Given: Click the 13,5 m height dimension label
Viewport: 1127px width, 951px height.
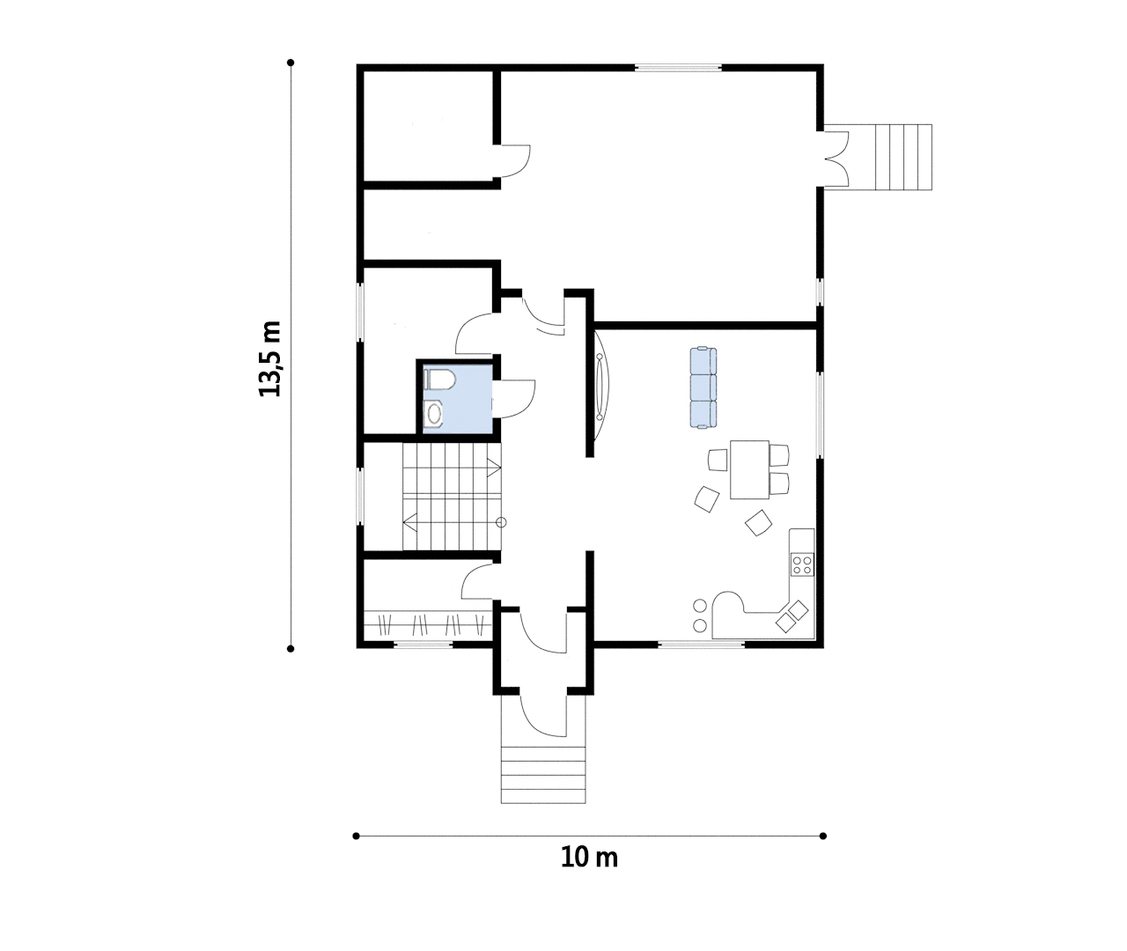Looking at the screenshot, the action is coord(270,359).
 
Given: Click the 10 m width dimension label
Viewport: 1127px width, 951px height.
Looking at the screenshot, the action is coord(589,857).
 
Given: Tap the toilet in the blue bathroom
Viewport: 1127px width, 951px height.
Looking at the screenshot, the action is coord(439,380).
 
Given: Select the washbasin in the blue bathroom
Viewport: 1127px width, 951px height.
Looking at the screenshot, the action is coord(433,415).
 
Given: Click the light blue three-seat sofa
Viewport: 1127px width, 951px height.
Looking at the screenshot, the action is coord(703,387).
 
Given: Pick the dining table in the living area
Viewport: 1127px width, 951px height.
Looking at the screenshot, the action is coord(749,469).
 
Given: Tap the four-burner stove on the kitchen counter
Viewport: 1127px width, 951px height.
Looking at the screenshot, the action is coord(802,565).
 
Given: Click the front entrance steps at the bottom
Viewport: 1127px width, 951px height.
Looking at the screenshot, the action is coord(543,775).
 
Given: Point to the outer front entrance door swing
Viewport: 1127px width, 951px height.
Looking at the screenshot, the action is coord(543,715).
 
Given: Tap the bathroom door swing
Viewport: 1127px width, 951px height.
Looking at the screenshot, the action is coord(514,399).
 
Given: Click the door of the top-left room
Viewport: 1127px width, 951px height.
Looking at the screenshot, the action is coord(515,161).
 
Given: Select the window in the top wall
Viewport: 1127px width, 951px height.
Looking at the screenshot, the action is coord(678,68).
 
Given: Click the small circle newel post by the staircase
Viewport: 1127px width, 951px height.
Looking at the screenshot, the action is coord(501,522).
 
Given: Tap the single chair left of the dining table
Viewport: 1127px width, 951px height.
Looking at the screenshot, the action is coord(718,460).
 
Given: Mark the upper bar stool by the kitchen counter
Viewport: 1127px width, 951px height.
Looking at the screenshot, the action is coord(699,606).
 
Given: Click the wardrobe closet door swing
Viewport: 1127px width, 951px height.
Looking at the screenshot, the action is coord(477,581).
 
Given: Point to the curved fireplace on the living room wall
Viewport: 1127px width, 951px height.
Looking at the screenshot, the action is coord(601,387).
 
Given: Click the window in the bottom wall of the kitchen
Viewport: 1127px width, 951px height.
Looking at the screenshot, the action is coord(701,644).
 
